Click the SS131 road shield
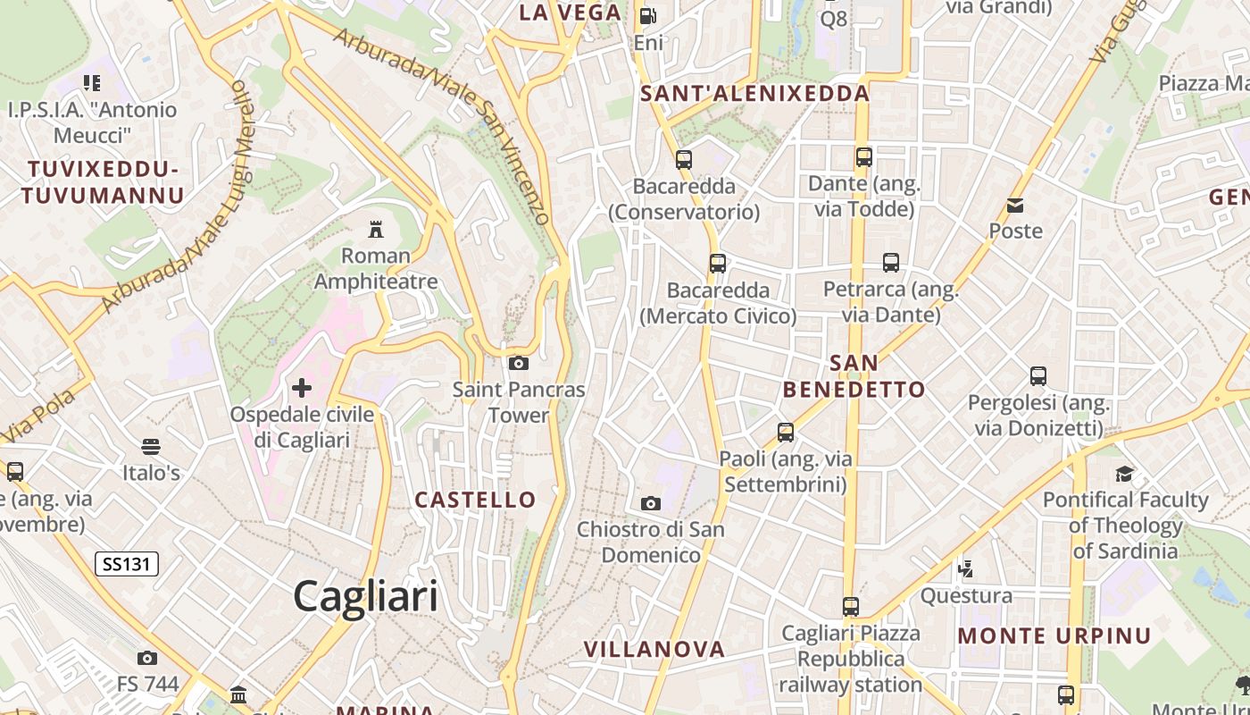pos(127,564)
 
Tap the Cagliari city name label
pos(366,596)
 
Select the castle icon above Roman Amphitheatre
pos(376,230)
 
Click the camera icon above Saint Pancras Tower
pos(518,363)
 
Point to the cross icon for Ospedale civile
pos(302,388)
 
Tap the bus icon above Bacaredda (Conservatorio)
pos(684,160)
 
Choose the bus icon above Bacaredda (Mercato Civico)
pos(718,264)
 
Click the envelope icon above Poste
pos(1015,206)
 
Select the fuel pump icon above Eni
pos(648,16)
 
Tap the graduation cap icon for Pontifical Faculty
pos(1124,474)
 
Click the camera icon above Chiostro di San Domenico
pos(651,503)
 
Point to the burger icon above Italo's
pos(151,446)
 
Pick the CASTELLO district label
pos(475,500)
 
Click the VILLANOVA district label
pos(654,650)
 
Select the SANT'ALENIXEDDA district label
pos(755,93)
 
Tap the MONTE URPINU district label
pos(1054,636)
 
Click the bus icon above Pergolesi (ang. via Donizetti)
pos(1037,376)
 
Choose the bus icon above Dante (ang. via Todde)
pos(863,157)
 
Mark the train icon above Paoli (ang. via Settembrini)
pos(786,433)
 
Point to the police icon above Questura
pos(965,568)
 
